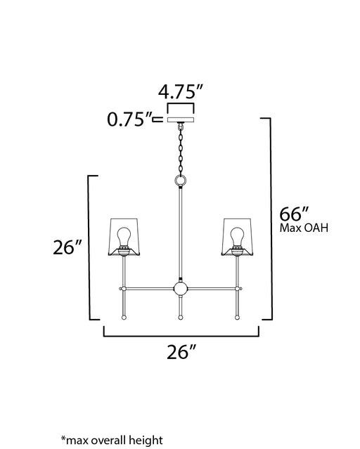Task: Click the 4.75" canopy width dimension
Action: pyautogui.click(x=180, y=91)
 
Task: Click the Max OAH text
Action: pyautogui.click(x=304, y=228)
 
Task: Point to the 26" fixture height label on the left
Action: pyautogui.click(x=67, y=247)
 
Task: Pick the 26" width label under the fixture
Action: pyautogui.click(x=181, y=352)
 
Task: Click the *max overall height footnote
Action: pyautogui.click(x=112, y=440)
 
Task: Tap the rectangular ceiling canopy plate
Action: pyautogui.click(x=181, y=119)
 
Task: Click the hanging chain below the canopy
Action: pyautogui.click(x=181, y=150)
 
